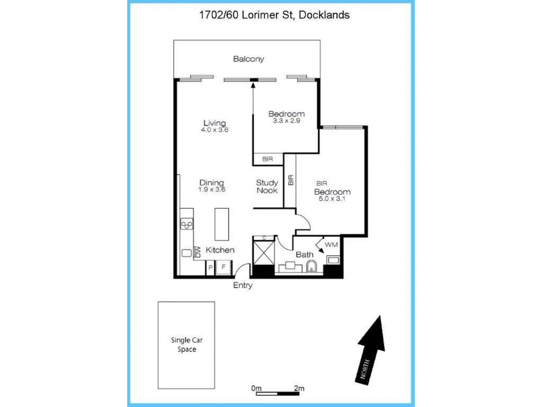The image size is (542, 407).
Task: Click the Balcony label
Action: click(248, 59)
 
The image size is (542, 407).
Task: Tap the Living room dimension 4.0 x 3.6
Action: click(215, 130)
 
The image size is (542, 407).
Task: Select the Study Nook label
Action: click(267, 186)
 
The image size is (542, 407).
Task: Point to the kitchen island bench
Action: click(222, 224)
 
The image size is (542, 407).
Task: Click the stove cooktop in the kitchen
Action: click(187, 225)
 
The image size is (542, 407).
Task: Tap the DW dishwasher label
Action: click(197, 252)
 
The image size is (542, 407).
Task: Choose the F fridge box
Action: click(224, 267)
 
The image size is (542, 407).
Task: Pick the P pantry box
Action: click(210, 267)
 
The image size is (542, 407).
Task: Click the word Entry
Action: click(243, 285)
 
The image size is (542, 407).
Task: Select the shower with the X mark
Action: click(263, 253)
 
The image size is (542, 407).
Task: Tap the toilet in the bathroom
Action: click(311, 267)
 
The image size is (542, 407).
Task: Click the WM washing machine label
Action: click(331, 245)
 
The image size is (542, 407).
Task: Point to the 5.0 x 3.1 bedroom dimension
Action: click(332, 199)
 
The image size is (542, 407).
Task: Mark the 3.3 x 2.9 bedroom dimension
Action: click(286, 121)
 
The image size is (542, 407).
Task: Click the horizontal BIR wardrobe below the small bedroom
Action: click(267, 159)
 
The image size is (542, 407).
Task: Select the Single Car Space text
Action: click(187, 344)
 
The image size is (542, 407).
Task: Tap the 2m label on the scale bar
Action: click(299, 388)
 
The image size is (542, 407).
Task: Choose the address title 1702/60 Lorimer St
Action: click(274, 15)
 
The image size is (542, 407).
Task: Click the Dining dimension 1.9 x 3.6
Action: click(212, 190)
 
